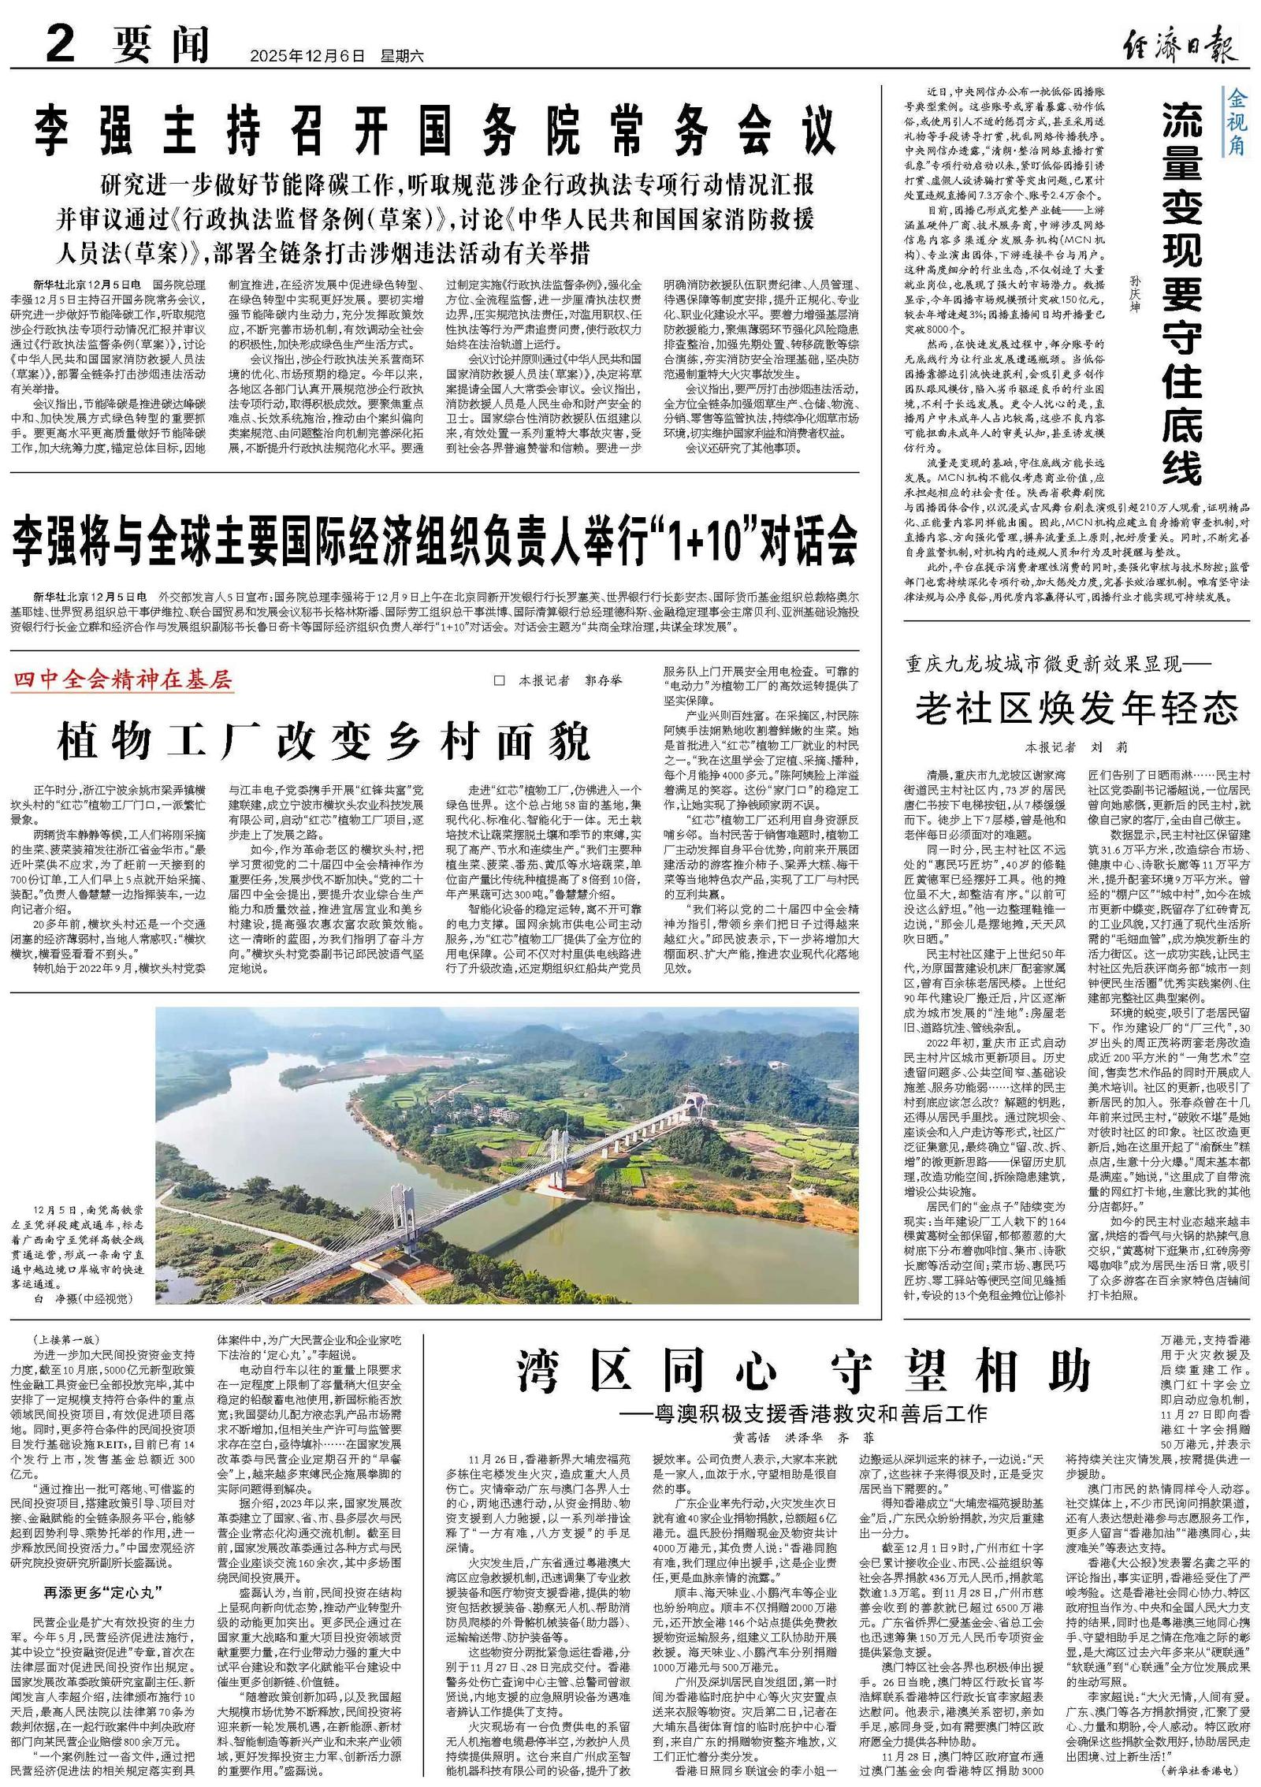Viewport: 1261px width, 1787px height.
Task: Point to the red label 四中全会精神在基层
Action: (x=123, y=679)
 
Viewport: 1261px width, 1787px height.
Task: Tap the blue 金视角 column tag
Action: (x=1234, y=122)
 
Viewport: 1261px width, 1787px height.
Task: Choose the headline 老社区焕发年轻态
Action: (x=1077, y=709)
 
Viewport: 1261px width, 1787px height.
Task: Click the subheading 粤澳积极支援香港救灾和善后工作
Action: (x=812, y=1410)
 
